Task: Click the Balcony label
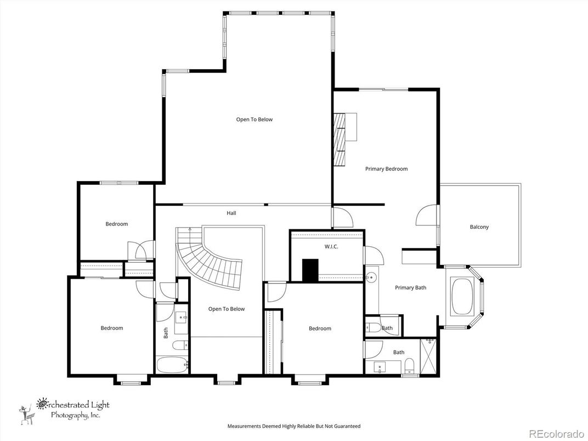tap(479, 227)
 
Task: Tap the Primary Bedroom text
tap(386, 169)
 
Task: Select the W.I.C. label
tap(331, 247)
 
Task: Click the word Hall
tap(231, 213)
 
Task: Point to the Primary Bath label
tap(410, 287)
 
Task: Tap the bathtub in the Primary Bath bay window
tap(463, 297)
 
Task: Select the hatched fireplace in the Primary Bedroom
tap(341, 139)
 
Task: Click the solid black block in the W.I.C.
tap(310, 270)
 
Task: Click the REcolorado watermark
tap(556, 433)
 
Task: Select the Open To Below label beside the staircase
tap(227, 309)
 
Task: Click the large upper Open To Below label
tap(254, 120)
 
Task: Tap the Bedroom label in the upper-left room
tap(116, 224)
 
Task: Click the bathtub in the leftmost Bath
tap(171, 365)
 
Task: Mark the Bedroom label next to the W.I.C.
tap(320, 329)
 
